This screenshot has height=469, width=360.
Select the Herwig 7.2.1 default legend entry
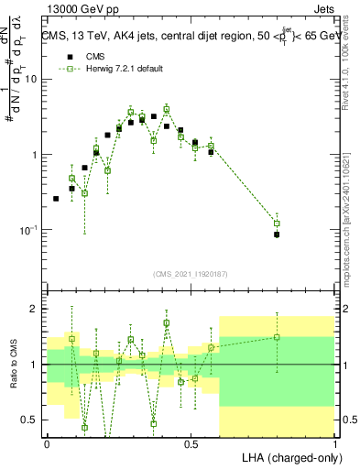click(117, 69)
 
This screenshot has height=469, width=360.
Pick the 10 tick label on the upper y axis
click(31, 79)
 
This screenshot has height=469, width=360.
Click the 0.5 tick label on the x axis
click(191, 443)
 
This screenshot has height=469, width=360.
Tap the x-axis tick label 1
click(335, 443)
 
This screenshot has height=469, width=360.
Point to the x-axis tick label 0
click(47, 443)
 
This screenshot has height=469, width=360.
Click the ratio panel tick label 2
click(35, 309)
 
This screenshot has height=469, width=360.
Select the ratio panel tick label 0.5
click(31, 420)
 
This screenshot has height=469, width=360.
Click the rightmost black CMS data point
click(277, 234)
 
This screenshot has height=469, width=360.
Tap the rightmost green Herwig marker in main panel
click(277, 224)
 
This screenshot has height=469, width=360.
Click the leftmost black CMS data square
click(56, 198)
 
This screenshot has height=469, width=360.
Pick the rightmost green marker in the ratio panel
click(277, 337)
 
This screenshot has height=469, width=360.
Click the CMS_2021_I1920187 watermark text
click(191, 273)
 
